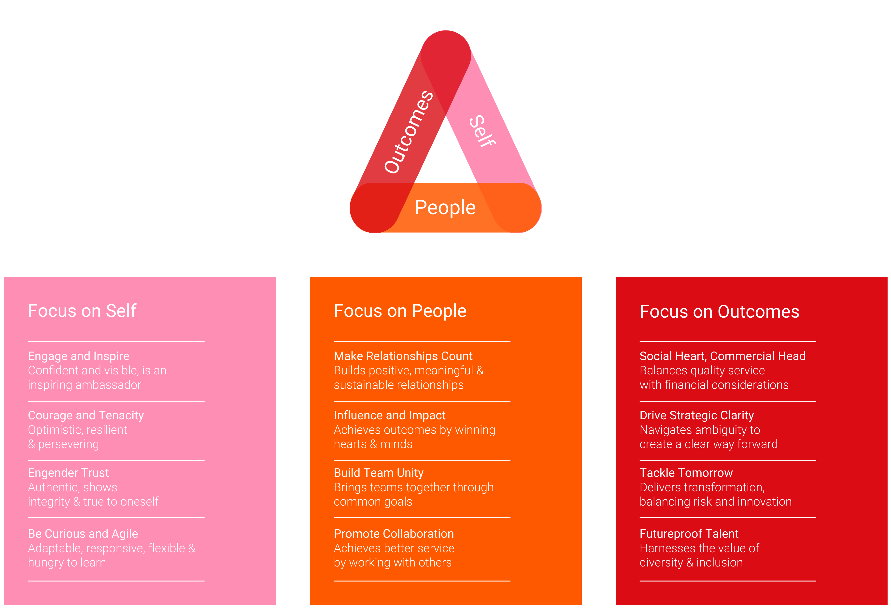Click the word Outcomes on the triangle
click(409, 132)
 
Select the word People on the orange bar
click(445, 208)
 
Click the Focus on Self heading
click(82, 311)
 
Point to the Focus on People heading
click(400, 311)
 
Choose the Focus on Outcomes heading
click(719, 312)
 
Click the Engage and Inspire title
click(79, 356)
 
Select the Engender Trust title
click(68, 473)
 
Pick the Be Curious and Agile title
click(83, 534)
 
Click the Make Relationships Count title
click(403, 356)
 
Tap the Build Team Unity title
click(378, 473)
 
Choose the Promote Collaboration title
click(394, 534)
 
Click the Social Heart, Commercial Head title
click(722, 356)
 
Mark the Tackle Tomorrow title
click(686, 473)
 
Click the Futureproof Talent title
click(689, 534)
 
